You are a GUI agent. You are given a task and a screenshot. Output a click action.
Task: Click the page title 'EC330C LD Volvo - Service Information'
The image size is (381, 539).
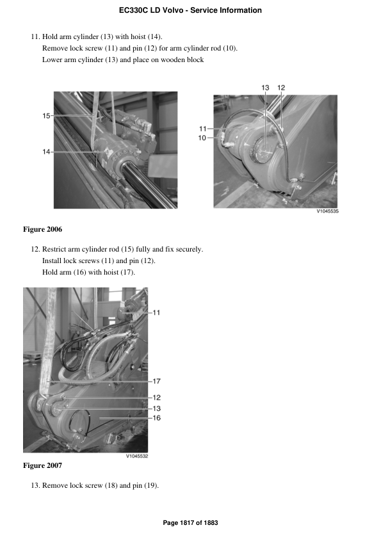point(190,10)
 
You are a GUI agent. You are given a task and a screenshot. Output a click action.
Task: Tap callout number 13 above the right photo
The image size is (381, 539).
point(265,87)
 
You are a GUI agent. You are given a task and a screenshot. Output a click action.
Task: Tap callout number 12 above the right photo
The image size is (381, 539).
point(281,87)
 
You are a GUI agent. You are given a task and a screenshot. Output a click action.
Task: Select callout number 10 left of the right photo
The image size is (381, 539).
point(202,138)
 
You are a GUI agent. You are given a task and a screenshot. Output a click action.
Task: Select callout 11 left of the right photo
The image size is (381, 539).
point(202,129)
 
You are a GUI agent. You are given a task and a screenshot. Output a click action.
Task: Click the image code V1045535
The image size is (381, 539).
point(327,211)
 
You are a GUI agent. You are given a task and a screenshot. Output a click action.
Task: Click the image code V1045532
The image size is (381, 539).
point(136,456)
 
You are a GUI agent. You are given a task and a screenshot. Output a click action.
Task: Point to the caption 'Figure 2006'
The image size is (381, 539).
point(42,229)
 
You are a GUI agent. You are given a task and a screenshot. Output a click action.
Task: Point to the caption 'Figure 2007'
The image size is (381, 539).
point(42,465)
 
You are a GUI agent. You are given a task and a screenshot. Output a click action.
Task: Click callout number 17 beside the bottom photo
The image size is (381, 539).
point(156,381)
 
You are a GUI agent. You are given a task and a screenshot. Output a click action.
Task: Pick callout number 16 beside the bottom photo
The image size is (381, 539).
point(156,417)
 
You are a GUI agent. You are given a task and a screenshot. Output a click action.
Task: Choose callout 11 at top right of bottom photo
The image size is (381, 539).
point(156,312)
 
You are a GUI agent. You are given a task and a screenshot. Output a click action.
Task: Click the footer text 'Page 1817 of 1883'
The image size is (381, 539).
point(190,523)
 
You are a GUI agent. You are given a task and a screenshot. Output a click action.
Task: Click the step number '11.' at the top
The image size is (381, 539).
point(36,37)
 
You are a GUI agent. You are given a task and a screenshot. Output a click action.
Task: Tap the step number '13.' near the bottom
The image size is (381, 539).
point(36,485)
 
